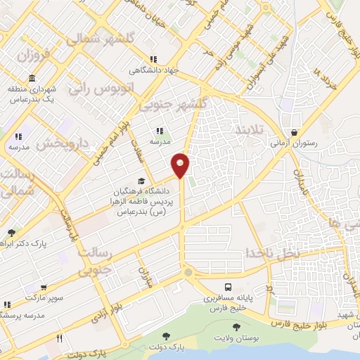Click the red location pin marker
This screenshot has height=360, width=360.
coord(181,165)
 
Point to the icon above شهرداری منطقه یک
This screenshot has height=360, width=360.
coord(32,78)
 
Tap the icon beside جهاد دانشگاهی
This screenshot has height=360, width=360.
coord(153,60)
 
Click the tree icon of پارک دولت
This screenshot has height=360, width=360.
coord(167,337)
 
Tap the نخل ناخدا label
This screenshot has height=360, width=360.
coord(270,252)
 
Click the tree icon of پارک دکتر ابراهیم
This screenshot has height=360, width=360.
coord(11,233)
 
